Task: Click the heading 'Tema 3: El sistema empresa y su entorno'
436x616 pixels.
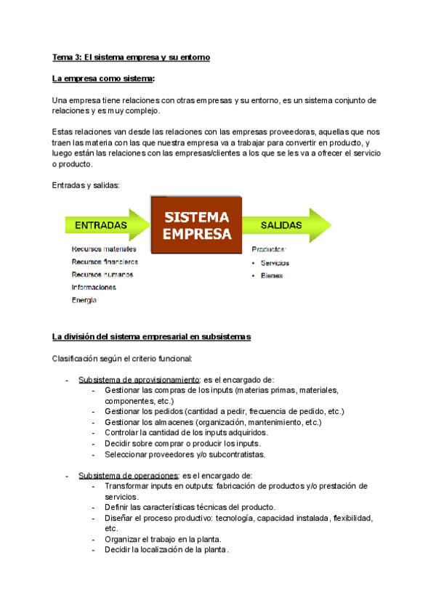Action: pyautogui.click(x=131, y=57)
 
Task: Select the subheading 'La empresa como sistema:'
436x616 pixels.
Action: pyautogui.click(x=104, y=78)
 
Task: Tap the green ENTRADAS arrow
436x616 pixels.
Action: pyautogui.click(x=102, y=225)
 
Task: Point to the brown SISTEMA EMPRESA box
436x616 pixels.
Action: pyautogui.click(x=196, y=225)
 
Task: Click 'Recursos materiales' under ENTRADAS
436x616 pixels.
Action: pyautogui.click(x=104, y=249)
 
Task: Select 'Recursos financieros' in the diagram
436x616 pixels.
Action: pyautogui.click(x=105, y=262)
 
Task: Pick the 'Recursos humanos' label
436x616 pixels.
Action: pyautogui.click(x=102, y=275)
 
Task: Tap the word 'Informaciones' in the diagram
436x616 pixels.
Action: pyautogui.click(x=94, y=287)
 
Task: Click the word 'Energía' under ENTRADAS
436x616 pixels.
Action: pyautogui.click(x=84, y=300)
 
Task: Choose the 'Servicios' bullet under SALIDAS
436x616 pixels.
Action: pyautogui.click(x=274, y=263)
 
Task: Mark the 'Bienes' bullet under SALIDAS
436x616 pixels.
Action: pyautogui.click(x=271, y=276)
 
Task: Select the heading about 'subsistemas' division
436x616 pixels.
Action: pyautogui.click(x=151, y=336)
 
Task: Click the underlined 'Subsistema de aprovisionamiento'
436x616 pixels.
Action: pyautogui.click(x=139, y=380)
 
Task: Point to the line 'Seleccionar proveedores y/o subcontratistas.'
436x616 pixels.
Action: pyautogui.click(x=185, y=455)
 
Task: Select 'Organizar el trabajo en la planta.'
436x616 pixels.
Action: pyautogui.click(x=163, y=539)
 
